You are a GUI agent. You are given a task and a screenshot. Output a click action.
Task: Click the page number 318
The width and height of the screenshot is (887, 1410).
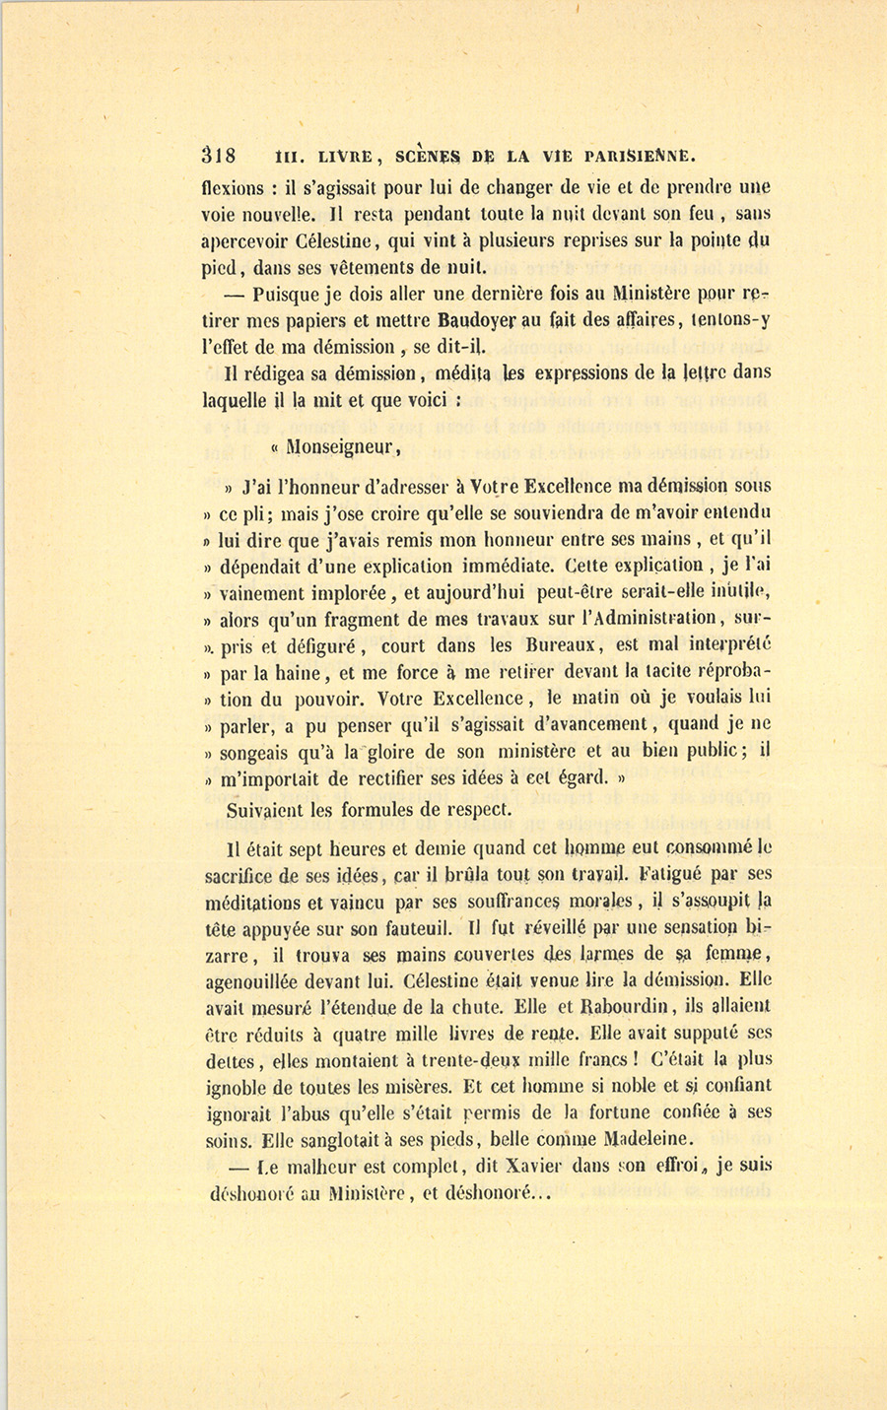218,156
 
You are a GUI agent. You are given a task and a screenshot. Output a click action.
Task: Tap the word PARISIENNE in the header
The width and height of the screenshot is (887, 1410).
641,155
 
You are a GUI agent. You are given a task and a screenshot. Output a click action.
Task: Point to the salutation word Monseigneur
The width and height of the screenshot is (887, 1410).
343,447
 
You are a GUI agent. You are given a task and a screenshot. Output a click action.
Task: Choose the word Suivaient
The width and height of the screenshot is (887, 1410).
269,810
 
